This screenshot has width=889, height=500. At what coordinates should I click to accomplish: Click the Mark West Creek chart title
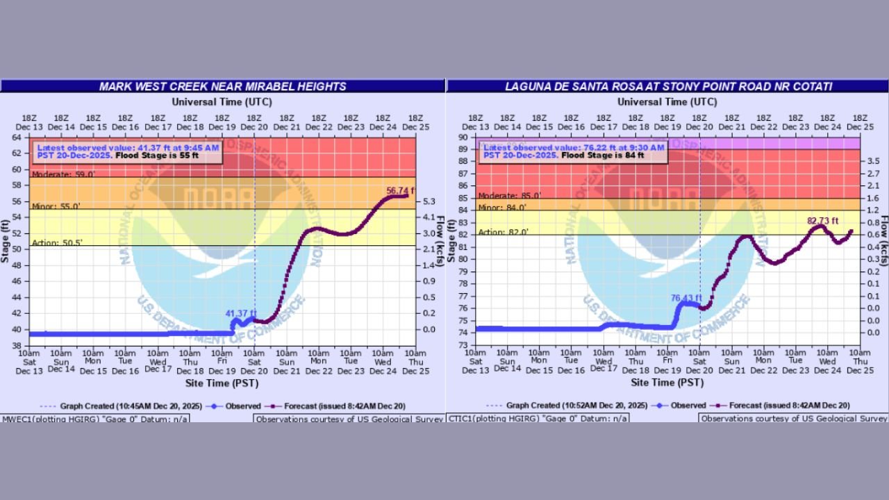[222, 86]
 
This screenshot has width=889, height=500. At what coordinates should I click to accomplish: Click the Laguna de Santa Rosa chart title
[667, 86]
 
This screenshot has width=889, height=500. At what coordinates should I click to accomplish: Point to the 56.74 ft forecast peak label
[399, 190]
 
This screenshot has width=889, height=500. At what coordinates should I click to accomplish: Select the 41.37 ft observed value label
[241, 313]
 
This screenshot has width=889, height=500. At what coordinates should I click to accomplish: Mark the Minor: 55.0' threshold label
[56, 206]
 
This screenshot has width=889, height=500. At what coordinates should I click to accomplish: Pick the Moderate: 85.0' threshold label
[502, 196]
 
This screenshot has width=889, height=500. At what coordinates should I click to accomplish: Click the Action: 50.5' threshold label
[57, 242]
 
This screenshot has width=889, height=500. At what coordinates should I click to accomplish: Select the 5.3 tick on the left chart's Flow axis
[429, 202]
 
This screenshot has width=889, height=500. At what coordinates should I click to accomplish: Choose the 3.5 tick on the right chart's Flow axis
[874, 161]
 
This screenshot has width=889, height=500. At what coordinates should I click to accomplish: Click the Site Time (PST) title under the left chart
[222, 383]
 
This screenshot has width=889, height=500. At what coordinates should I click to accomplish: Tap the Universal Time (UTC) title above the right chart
[667, 101]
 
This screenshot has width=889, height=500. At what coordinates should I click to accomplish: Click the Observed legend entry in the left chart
[236, 406]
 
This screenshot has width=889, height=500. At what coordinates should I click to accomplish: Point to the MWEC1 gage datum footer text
[94, 419]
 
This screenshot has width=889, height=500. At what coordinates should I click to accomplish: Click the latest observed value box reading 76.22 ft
[574, 151]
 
